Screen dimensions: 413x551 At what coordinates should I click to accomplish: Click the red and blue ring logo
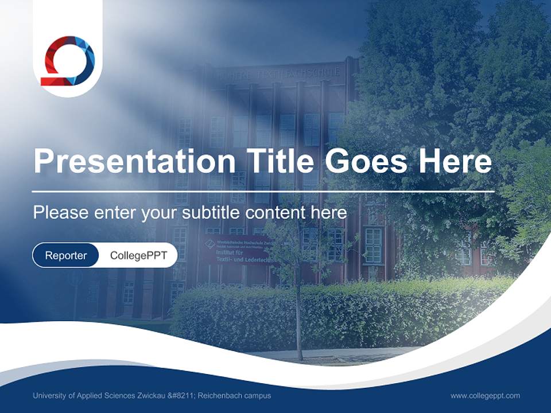pos(68,60)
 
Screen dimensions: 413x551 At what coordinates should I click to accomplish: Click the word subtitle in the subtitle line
pos(211,213)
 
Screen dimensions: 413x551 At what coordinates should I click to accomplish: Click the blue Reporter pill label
pos(65,255)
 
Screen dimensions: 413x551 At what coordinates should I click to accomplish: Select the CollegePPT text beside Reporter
pos(138,255)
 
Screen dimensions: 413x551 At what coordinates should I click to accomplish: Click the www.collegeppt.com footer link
pos(485,396)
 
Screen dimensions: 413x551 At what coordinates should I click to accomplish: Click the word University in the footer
pos(49,396)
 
